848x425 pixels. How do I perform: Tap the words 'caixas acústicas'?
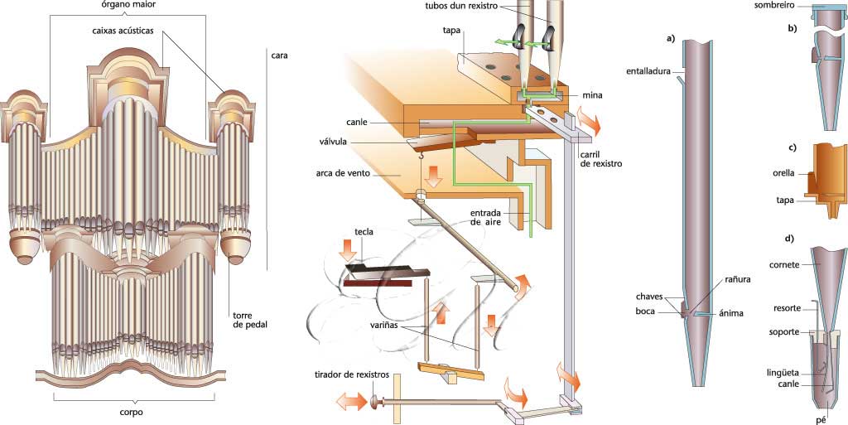point(127,31)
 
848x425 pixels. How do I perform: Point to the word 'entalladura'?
point(648,70)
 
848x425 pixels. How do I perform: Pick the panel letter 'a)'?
point(671,39)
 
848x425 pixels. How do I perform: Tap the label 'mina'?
point(591,95)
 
